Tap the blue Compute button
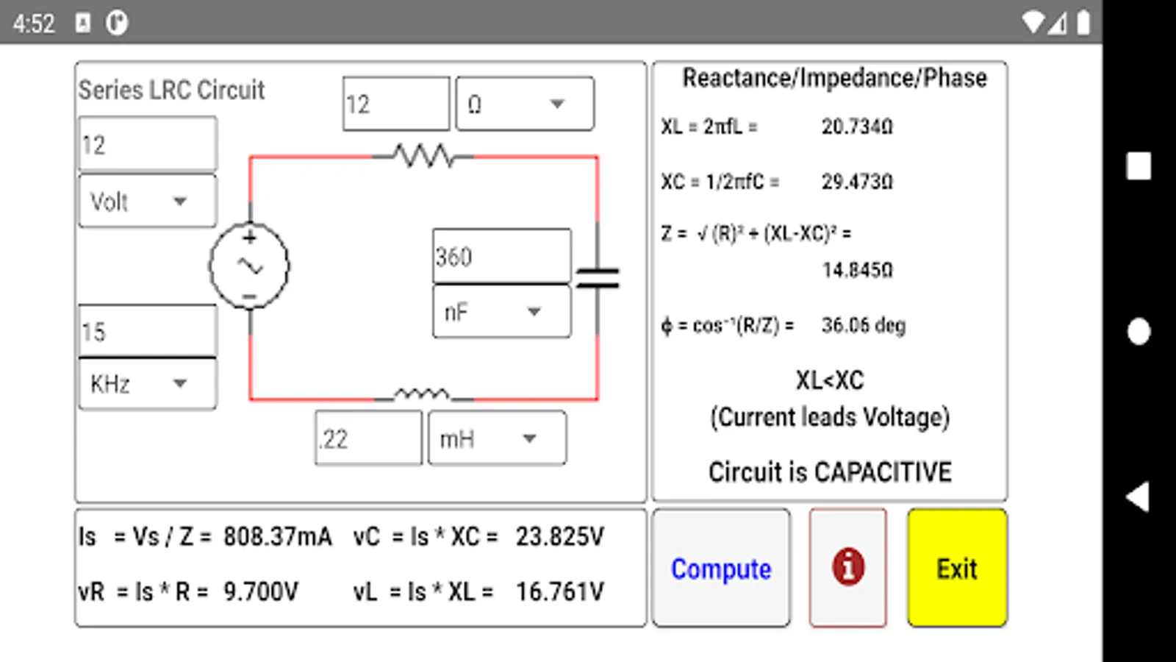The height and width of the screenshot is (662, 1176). pyautogui.click(x=721, y=569)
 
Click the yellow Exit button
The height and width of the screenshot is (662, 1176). pyautogui.click(x=957, y=569)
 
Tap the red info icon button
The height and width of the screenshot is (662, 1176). pyautogui.click(x=848, y=568)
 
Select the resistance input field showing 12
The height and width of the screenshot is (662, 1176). pyautogui.click(x=395, y=104)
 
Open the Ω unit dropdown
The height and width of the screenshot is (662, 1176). pyautogui.click(x=524, y=104)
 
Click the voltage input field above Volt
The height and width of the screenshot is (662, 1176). pyautogui.click(x=147, y=144)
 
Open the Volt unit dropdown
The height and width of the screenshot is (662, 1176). pyautogui.click(x=147, y=201)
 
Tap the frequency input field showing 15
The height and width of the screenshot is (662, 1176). pyautogui.click(x=147, y=331)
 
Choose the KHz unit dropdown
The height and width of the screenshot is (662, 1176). pyautogui.click(x=147, y=383)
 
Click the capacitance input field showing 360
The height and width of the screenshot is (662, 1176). pyautogui.click(x=501, y=256)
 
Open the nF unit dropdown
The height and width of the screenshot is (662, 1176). pyautogui.click(x=501, y=312)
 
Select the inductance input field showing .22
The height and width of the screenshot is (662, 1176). pyautogui.click(x=368, y=438)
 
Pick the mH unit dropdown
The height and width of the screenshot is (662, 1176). pyautogui.click(x=497, y=439)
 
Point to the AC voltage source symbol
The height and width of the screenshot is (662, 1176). pyautogui.click(x=249, y=266)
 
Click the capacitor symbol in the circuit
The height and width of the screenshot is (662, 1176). pyautogui.click(x=598, y=278)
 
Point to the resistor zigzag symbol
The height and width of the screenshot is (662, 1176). pyautogui.click(x=423, y=156)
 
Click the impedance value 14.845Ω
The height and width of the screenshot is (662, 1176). pyautogui.click(x=857, y=270)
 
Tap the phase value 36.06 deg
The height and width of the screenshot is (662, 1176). pyautogui.click(x=863, y=325)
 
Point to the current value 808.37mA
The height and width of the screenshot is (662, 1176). pyautogui.click(x=277, y=536)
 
